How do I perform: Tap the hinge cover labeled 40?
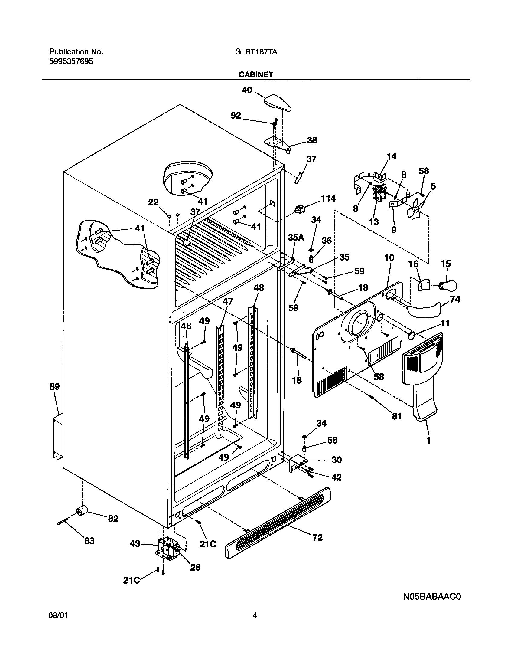point(278,102)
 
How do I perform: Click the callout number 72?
point(318,537)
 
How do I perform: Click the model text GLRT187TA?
point(256,52)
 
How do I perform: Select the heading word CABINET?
point(256,75)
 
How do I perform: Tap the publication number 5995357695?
point(71,61)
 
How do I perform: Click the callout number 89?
point(55,386)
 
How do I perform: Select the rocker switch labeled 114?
point(300,209)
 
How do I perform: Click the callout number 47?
point(228,301)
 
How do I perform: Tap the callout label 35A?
point(296,238)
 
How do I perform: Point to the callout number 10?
point(389,257)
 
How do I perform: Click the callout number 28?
point(195,567)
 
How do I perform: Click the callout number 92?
point(236,116)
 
